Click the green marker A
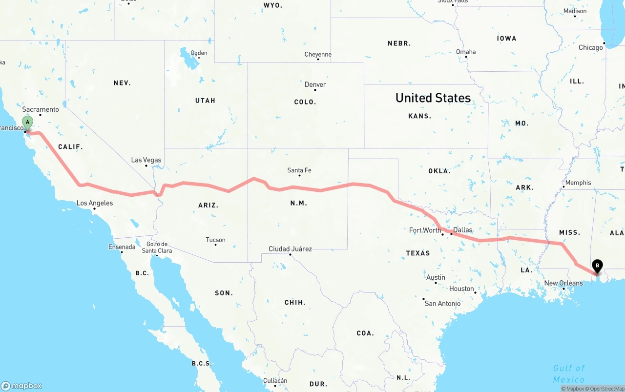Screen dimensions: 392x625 point(27,122)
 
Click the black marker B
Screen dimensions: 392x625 point(597,266)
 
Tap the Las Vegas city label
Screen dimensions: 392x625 point(146,160)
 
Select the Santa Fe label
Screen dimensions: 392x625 point(299,170)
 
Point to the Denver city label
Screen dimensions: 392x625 point(315,84)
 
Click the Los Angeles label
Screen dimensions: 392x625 point(95,203)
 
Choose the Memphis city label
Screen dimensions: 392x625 point(578,183)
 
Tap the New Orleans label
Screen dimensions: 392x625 point(563,283)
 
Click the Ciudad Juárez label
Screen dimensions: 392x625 point(290,249)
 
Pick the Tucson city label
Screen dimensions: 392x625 point(215,240)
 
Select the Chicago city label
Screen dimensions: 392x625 point(591,47)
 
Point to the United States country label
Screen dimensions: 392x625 point(433,98)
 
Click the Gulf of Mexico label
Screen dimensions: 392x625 point(568,374)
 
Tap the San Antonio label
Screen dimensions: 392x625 point(442,304)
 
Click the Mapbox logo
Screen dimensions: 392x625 point(21,386)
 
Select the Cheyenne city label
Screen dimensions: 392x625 point(318,55)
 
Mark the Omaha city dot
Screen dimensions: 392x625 point(466,57)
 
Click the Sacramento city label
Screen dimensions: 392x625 point(41,109)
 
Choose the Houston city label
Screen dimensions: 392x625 point(462,289)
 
